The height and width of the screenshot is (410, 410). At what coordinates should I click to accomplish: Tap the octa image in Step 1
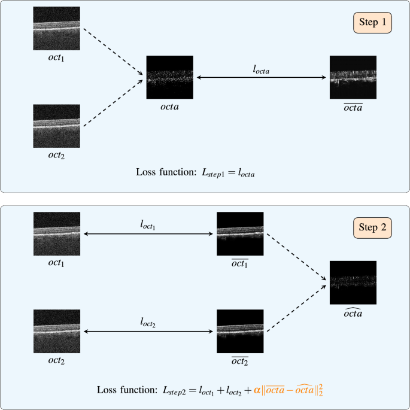coord(170,77)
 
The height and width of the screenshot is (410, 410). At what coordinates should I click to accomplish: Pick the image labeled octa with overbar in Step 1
coord(353,77)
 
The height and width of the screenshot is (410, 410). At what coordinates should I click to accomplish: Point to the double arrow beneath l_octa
coord(261,78)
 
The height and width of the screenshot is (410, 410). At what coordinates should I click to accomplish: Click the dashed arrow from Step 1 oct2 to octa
coord(112,102)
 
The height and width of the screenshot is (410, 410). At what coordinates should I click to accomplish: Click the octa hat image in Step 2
coord(353,284)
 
